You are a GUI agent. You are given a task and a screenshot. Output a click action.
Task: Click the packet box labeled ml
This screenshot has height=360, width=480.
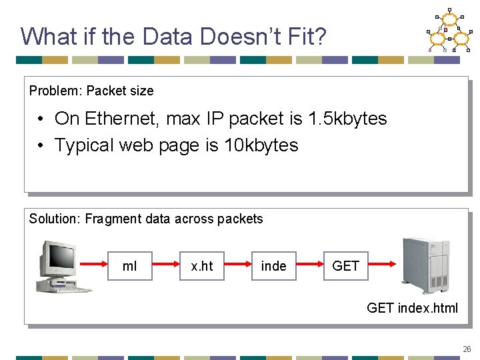tap(130, 266)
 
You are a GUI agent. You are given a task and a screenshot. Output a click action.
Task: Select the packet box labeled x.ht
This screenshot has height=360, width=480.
tap(202, 266)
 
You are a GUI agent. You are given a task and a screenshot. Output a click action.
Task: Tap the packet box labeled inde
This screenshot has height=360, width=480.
tap(273, 266)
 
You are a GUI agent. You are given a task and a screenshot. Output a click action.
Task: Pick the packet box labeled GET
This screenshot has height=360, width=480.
tap(345, 266)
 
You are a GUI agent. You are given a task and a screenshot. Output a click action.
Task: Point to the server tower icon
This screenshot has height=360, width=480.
tap(427, 265)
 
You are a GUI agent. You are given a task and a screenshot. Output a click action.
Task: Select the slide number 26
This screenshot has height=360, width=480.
tap(467, 349)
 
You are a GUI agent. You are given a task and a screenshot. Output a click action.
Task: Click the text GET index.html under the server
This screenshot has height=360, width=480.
tap(412, 308)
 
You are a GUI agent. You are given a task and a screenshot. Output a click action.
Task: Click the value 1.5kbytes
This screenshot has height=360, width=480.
tap(347, 119)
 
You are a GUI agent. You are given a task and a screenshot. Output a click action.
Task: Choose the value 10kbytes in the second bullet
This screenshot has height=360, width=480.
tap(261, 145)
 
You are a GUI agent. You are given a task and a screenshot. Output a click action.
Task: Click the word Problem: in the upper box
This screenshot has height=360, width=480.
tap(55, 91)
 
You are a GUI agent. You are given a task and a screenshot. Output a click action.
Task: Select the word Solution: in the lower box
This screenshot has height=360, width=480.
tap(55, 219)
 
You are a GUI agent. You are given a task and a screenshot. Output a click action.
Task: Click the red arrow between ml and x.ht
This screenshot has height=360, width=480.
tap(167, 266)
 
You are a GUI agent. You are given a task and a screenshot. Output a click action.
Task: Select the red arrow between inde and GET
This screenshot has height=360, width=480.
tap(309, 266)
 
